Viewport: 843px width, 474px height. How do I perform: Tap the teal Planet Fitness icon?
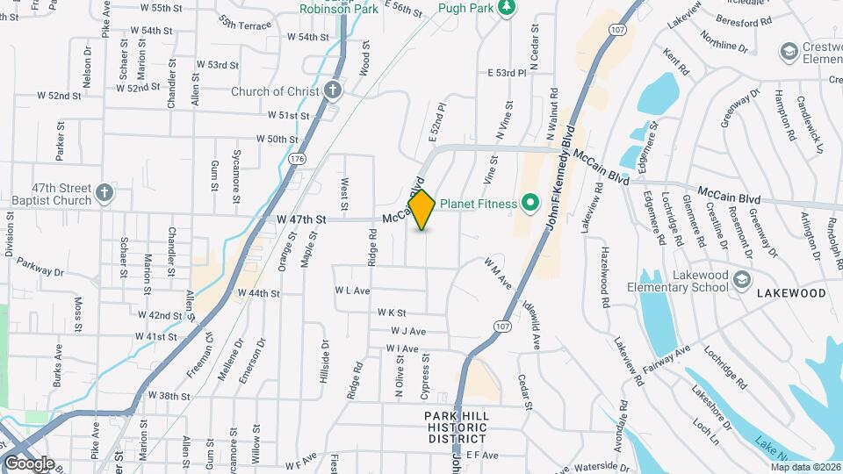(x=530, y=204)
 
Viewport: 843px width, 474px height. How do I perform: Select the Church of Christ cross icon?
(x=332, y=90)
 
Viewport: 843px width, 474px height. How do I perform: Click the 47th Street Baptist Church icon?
(x=104, y=192)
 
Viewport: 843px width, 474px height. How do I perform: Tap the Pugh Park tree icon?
(x=506, y=7)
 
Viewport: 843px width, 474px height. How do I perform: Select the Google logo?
(x=28, y=463)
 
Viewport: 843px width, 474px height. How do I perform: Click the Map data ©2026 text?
(x=805, y=466)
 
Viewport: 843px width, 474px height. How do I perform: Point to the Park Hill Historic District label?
(x=456, y=427)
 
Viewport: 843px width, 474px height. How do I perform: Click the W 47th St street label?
(x=300, y=219)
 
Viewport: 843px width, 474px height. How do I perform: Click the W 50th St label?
(x=277, y=139)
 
